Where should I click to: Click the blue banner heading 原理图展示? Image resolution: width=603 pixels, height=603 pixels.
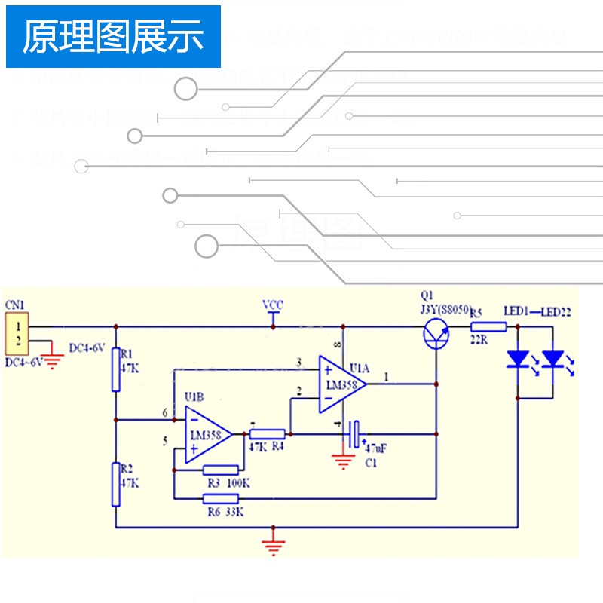(x=113, y=37)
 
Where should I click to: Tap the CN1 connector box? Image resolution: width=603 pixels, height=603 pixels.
(x=17, y=335)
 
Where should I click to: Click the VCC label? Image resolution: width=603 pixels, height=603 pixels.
(x=273, y=305)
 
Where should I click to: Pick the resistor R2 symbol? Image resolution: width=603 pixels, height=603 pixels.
(x=116, y=485)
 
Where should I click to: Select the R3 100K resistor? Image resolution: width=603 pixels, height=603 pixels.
(x=221, y=470)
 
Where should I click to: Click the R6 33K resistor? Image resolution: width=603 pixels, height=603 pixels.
(x=221, y=498)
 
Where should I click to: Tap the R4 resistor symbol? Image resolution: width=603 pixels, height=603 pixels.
(x=267, y=433)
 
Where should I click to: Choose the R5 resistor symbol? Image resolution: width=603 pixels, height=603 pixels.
(x=488, y=326)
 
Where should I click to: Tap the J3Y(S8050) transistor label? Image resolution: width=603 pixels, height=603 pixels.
(x=445, y=309)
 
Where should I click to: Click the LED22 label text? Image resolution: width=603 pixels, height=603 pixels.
(x=556, y=311)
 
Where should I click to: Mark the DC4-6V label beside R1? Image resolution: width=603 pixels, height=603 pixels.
(x=87, y=348)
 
